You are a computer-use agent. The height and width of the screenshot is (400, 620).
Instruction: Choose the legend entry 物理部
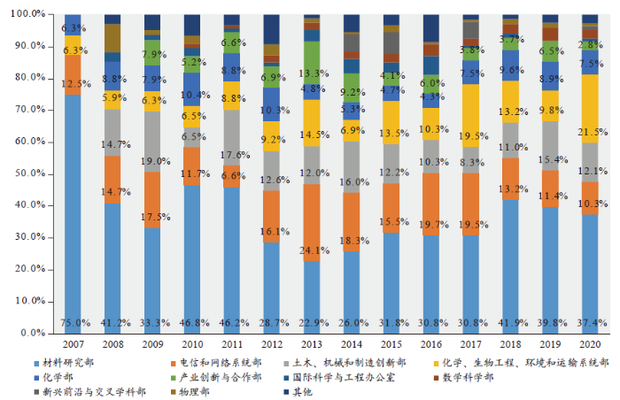coord(194,391)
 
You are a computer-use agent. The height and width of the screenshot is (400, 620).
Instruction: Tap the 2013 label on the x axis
coord(312,343)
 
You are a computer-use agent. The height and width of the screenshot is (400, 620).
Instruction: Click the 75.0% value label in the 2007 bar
coord(73,322)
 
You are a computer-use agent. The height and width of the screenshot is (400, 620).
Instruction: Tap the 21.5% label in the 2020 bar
coord(592,132)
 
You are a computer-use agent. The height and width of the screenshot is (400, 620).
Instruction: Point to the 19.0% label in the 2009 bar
coord(152,162)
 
